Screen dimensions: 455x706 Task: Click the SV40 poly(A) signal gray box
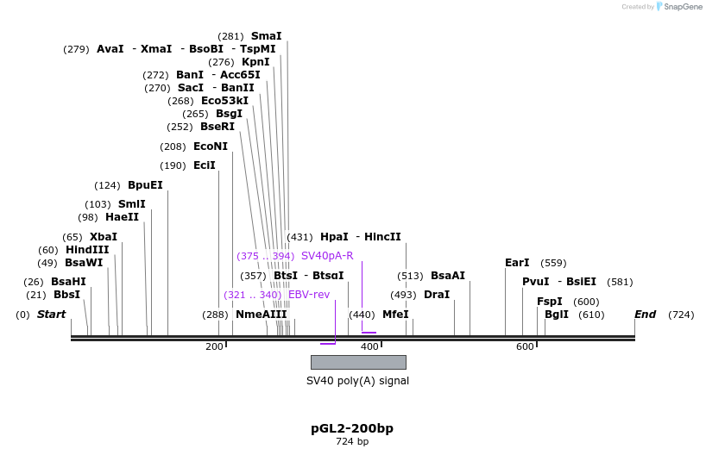[358, 362]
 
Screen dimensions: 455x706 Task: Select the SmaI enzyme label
[266, 36]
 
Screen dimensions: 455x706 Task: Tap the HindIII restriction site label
[87, 250]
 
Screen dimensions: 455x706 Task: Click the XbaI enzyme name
[103, 237]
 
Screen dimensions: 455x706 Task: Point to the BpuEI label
[145, 185]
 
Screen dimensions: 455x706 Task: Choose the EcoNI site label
[211, 146]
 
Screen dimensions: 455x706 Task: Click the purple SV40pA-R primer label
[327, 256]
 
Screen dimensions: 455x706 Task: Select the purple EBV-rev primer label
[309, 295]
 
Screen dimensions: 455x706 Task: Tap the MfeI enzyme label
[395, 315]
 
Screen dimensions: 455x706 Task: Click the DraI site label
[437, 295]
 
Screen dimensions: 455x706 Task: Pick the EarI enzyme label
[517, 263]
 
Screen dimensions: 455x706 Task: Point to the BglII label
[557, 315]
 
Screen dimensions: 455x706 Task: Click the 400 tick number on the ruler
[369, 346]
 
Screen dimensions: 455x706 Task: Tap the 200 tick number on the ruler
[214, 346]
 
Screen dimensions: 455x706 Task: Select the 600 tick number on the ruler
[525, 346]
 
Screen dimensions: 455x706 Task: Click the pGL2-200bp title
[352, 428]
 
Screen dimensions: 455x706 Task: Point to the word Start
[51, 315]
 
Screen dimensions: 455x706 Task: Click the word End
[646, 315]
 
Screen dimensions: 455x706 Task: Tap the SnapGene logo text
[683, 7]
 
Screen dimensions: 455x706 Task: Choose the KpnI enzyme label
[255, 62]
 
